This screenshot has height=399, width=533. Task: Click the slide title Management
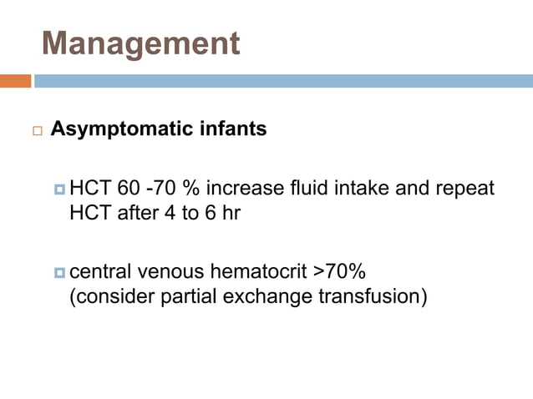pyautogui.click(x=140, y=43)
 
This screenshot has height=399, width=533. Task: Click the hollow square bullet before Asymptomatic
pyautogui.click(x=37, y=132)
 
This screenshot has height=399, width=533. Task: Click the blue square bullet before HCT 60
pyautogui.click(x=59, y=189)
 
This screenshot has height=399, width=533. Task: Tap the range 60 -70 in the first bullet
pyautogui.click(x=139, y=189)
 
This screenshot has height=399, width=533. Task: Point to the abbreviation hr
pyautogui.click(x=231, y=213)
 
